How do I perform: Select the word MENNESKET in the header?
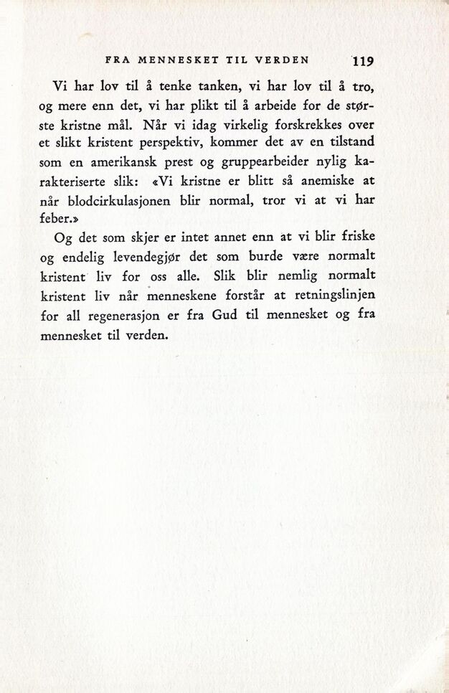[170, 60]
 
